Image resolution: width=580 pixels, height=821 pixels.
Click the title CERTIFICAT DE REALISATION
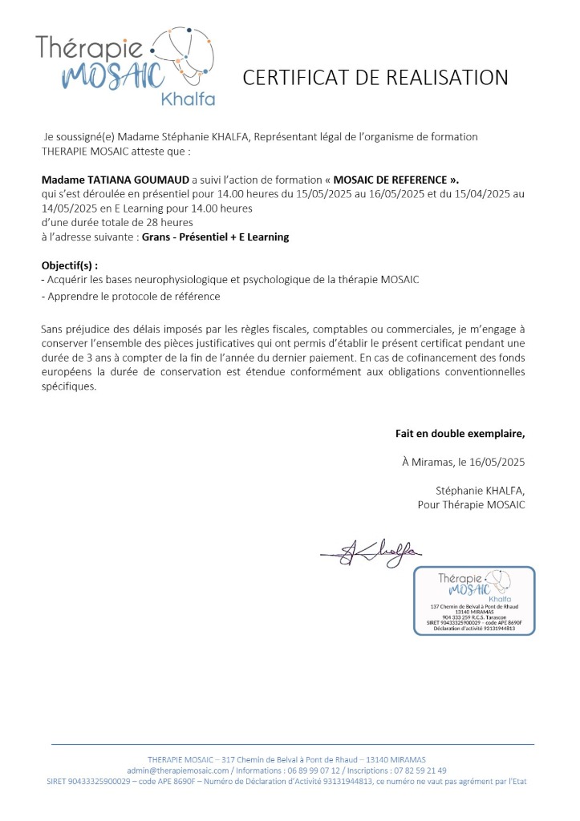pos(375,77)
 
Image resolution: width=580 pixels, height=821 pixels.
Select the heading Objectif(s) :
pos(75,265)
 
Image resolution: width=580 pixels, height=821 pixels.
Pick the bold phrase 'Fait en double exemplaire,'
pos(460,433)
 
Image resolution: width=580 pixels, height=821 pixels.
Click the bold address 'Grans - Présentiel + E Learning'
pos(215,237)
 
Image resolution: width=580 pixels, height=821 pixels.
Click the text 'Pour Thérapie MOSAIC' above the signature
pos(471,504)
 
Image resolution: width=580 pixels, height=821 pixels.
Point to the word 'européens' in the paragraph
pos(69,371)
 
